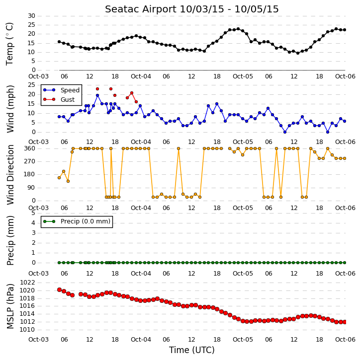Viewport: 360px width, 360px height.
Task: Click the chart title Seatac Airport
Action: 141,9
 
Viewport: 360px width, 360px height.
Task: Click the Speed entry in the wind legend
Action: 70,90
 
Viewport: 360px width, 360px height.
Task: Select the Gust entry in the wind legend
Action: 68,100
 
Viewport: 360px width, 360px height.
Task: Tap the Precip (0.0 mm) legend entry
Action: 86,221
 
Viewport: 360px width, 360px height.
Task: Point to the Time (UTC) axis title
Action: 192,350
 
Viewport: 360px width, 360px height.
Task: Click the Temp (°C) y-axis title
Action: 9,44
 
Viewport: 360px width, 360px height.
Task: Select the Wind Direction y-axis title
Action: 10,174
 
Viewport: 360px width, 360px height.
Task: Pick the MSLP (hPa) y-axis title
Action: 10,306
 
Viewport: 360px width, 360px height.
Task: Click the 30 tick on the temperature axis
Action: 31,16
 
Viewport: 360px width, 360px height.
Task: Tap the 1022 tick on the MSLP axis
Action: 27,283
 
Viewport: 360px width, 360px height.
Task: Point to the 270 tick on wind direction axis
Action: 30,161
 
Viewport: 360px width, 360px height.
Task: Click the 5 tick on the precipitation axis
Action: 33,213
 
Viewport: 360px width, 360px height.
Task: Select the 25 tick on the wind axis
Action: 31,85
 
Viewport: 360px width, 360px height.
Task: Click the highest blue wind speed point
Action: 97,95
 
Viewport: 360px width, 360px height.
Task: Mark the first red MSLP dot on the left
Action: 59,290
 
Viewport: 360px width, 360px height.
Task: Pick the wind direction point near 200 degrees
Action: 64,171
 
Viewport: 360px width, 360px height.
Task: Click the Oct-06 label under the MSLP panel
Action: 345,339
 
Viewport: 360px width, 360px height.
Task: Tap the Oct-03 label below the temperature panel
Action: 38,76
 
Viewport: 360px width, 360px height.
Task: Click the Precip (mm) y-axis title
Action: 10,240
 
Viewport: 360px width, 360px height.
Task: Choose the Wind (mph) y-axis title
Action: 10,109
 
